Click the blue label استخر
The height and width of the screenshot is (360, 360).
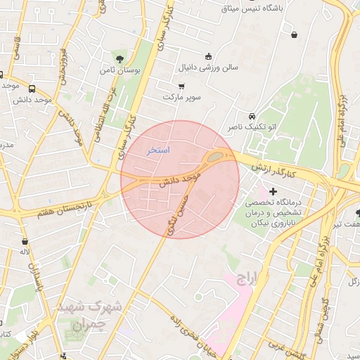pyautogui.click(x=158, y=150)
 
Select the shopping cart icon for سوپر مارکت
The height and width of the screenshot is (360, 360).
pyautogui.click(x=182, y=86)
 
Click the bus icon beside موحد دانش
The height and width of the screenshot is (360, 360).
pyautogui.click(x=32, y=89)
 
